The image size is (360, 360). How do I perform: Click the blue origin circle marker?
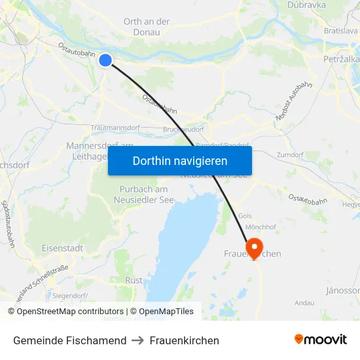coord(105,60)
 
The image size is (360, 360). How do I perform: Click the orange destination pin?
coord(252,247)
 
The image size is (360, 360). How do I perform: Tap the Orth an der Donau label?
coord(147,27)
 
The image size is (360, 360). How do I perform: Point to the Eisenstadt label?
coord(62,249)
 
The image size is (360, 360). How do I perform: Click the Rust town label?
coord(134,280)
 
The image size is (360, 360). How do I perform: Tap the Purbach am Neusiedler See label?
coord(138,194)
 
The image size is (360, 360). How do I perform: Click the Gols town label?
coord(245,216)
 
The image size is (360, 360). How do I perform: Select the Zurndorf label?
coord(290,155)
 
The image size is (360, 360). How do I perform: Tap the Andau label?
coord(304,303)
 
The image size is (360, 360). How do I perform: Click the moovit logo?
coord(320,340)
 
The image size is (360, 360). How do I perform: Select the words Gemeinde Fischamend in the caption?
coord(69,340)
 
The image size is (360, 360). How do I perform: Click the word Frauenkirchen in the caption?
coord(184,340)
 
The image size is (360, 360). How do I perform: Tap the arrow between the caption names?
coord(138,340)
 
